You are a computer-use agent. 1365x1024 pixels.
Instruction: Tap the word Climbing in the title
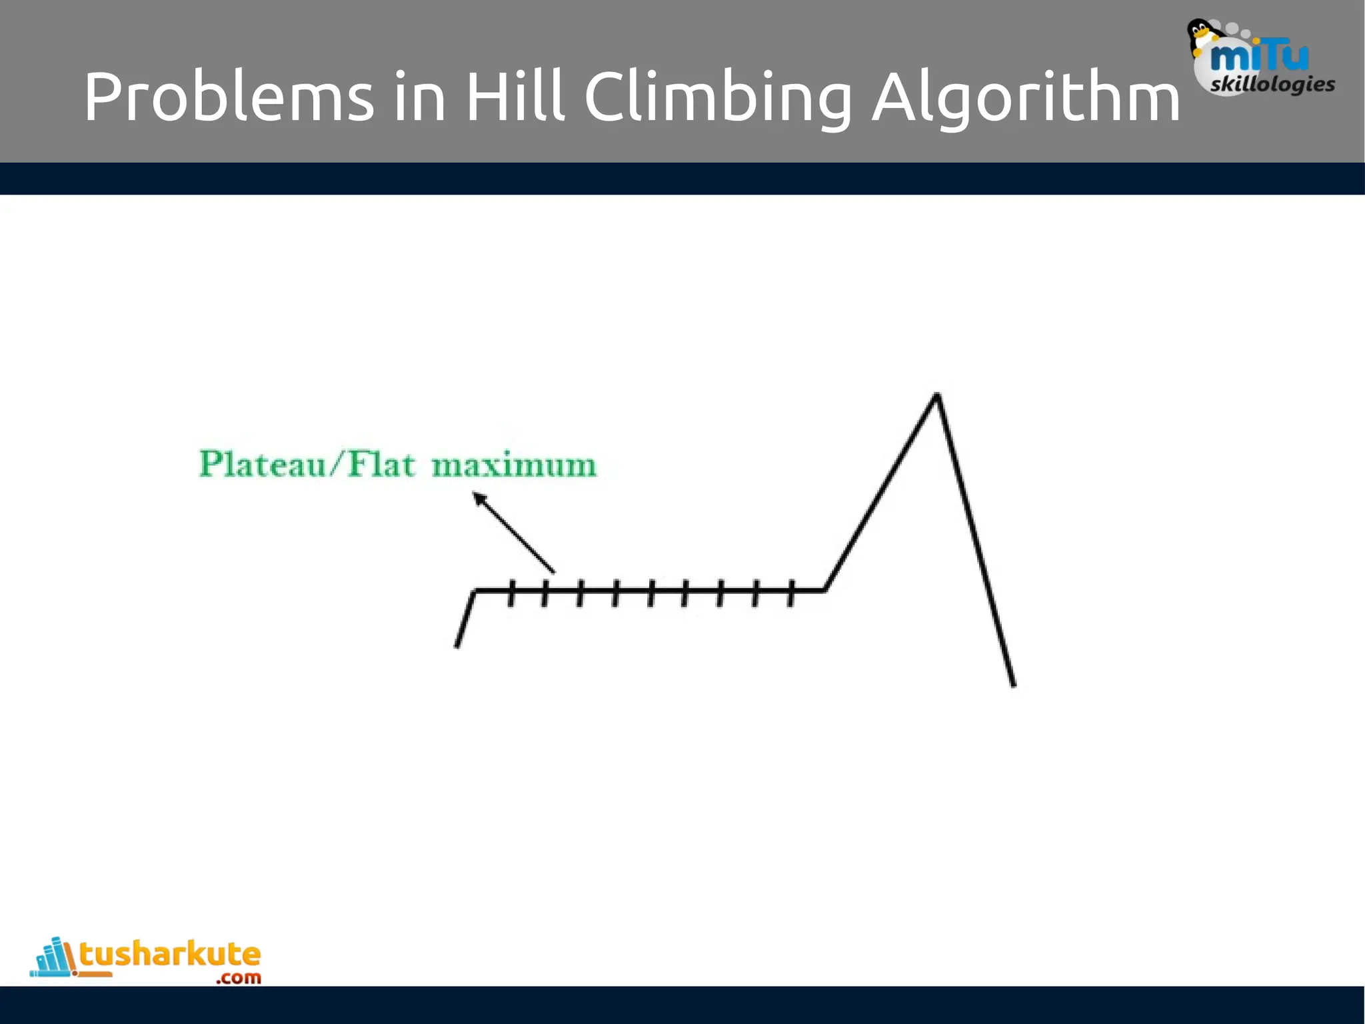point(718,99)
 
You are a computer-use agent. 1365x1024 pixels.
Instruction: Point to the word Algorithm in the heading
point(1026,99)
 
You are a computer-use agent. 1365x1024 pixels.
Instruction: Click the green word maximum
point(514,465)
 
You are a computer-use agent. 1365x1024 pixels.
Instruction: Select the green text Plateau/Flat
point(307,464)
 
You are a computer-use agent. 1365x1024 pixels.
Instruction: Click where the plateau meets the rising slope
point(825,589)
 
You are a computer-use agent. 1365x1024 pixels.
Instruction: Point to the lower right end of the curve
point(1014,684)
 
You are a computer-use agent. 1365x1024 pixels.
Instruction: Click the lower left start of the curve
point(457,645)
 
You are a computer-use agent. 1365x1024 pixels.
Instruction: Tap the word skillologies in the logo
point(1272,85)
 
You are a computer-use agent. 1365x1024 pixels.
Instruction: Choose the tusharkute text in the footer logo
point(170,954)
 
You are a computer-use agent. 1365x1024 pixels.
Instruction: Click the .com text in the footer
point(239,978)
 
